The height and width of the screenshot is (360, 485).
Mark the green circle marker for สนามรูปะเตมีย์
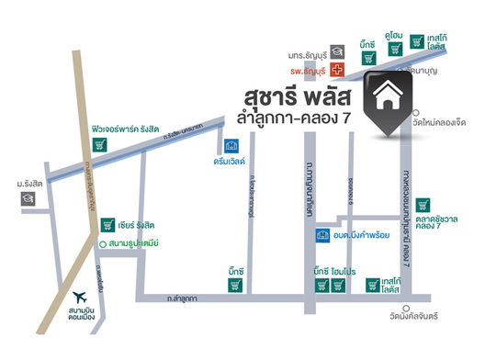(x=76, y=243)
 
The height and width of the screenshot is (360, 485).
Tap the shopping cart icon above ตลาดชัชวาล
(x=423, y=205)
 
